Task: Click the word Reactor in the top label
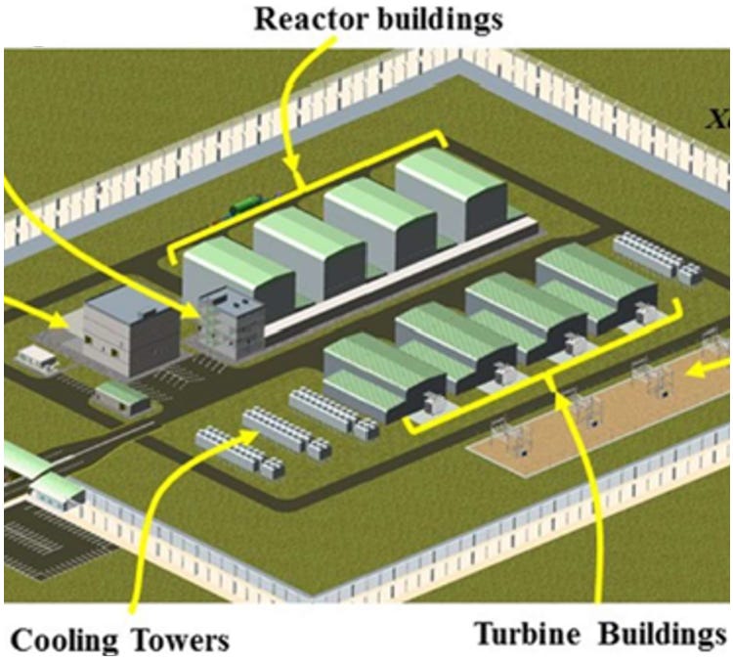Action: [x=299, y=19]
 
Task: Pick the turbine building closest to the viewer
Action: [x=371, y=376]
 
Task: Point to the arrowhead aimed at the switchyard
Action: [x=696, y=370]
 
